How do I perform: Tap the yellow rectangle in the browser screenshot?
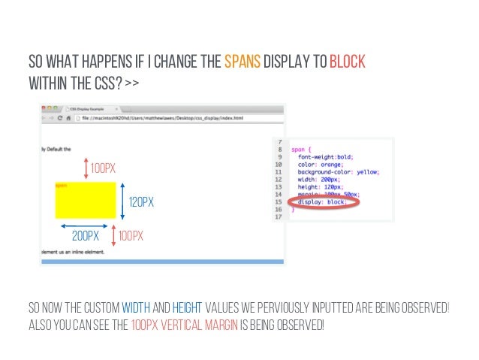coord(85,200)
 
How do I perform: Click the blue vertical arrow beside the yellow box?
coord(122,201)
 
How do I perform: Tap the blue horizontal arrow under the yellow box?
coord(85,225)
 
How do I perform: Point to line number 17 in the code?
coord(280,217)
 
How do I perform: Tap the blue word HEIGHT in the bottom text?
coord(186,309)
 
